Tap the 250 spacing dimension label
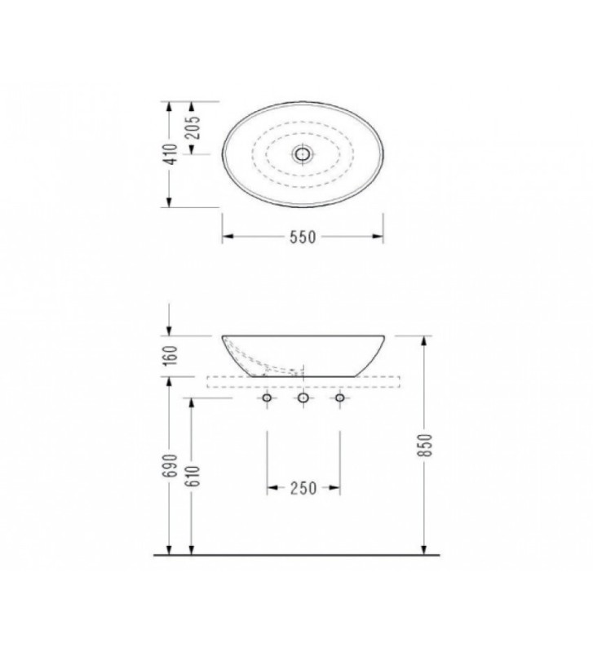pos(303,488)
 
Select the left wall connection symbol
pos(268,398)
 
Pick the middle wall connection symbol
pos(303,398)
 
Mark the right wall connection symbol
pos(339,398)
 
